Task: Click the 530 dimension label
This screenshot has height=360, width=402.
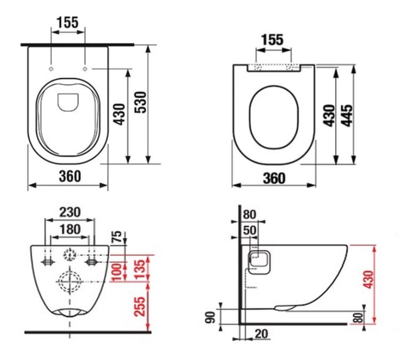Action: tap(141, 102)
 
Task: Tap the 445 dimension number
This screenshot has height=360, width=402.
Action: tap(347, 115)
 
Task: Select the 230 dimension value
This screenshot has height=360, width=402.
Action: tap(69, 213)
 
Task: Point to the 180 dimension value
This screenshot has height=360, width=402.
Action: tap(69, 229)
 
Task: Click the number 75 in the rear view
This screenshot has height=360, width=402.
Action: tap(117, 237)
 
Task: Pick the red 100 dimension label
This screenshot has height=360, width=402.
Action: tap(117, 272)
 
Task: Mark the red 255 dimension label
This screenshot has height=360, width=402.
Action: tap(140, 306)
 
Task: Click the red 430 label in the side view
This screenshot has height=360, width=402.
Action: tap(368, 279)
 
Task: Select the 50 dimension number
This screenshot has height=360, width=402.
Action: tap(250, 230)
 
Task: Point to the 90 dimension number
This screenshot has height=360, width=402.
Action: tap(211, 317)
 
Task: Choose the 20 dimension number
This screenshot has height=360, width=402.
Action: tap(261, 334)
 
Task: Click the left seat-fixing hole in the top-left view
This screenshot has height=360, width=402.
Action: tap(51, 69)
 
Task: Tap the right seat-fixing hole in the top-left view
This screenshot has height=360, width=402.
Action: tap(85, 69)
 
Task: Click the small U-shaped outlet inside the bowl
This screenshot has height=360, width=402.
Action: tap(68, 102)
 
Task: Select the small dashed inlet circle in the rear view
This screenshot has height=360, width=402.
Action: tap(69, 255)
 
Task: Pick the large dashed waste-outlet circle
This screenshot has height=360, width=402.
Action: tap(69, 281)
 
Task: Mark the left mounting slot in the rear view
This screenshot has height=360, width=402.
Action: tap(48, 262)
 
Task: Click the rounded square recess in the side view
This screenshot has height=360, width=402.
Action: tap(259, 262)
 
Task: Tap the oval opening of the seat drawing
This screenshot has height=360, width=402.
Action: tap(274, 118)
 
